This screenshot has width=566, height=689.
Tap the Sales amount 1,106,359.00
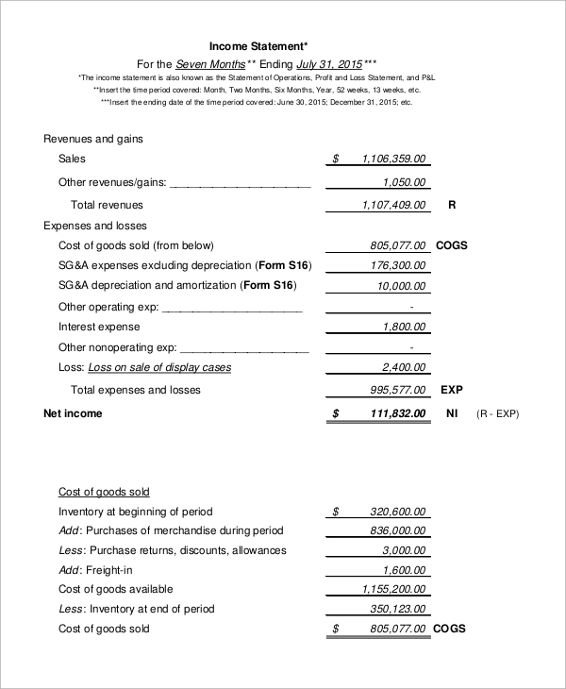pos(393,160)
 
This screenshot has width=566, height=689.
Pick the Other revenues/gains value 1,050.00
pos(405,182)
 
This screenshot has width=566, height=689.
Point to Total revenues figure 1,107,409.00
pos(393,205)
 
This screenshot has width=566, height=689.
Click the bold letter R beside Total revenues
pos(452,205)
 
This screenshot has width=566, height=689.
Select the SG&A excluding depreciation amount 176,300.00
pos(398,266)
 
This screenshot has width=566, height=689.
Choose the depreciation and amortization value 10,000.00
pos(402,286)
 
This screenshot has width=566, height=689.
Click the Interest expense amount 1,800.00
pos(405,327)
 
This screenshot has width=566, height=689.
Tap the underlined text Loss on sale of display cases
pos(159,367)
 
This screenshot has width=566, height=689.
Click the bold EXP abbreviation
pos(452,390)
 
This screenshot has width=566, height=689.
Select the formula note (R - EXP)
pos(497,413)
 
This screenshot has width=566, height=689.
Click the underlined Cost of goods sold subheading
pos(104,492)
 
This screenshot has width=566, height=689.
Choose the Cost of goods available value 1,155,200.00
pos(393,590)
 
